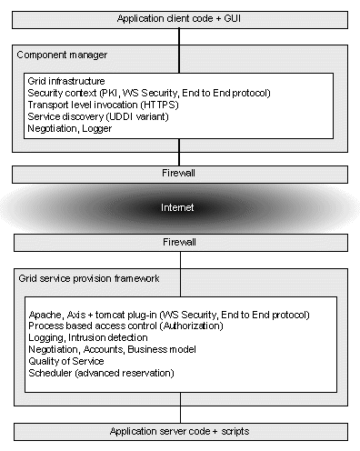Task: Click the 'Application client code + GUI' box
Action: pyautogui.click(x=179, y=18)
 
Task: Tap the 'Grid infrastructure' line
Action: pyautogui.click(x=65, y=82)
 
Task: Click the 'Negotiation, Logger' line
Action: pyautogui.click(x=69, y=129)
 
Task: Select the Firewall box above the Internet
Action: pyautogui.click(x=179, y=172)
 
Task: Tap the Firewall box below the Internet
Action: pyautogui.click(x=179, y=244)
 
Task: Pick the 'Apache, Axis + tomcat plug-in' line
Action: pyautogui.click(x=169, y=314)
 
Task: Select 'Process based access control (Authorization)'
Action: pyautogui.click(x=128, y=326)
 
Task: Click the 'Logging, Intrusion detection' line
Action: pyautogui.click(x=87, y=337)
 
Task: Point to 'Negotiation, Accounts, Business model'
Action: pyautogui.click(x=112, y=349)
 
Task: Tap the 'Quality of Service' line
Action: pyautogui.click(x=66, y=361)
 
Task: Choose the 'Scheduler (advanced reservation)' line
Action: pyautogui.click(x=100, y=373)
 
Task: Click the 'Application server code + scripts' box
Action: pyautogui.click(x=179, y=431)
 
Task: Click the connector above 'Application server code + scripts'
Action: pyautogui.click(x=179, y=414)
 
